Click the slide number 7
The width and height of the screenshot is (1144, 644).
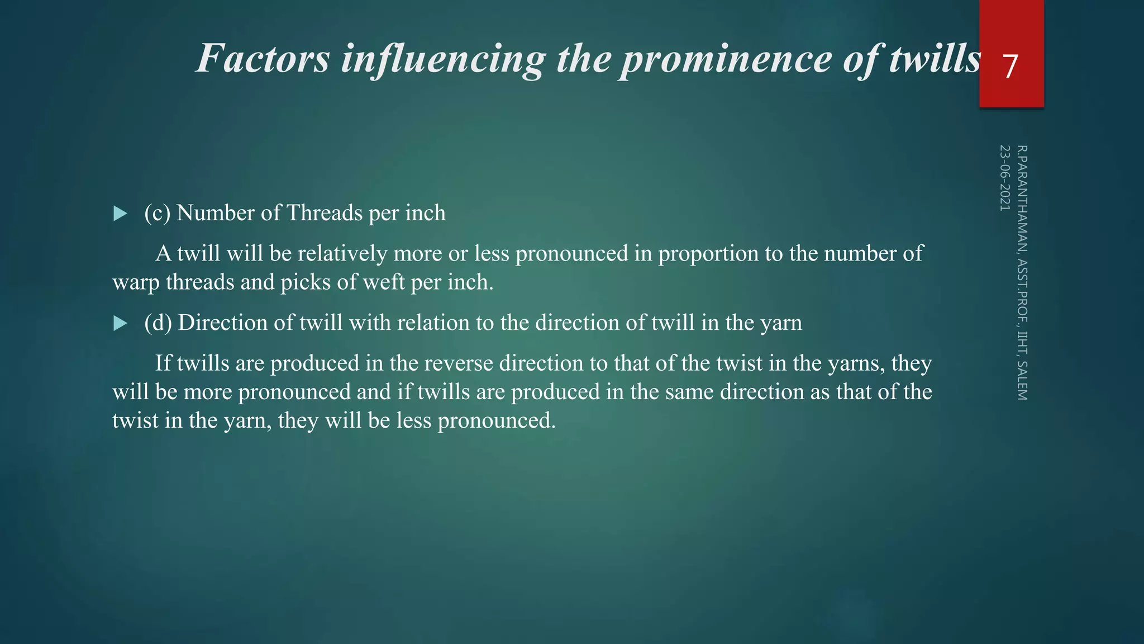1010,67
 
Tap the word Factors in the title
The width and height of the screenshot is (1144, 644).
263,59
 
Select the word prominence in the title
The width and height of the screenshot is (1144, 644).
727,59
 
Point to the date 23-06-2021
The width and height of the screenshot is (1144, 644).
1005,178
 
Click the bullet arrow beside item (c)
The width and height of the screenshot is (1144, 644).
120,214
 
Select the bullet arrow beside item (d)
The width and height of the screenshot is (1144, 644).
120,323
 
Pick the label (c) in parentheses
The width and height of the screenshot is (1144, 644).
157,213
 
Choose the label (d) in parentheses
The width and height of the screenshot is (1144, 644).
158,323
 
